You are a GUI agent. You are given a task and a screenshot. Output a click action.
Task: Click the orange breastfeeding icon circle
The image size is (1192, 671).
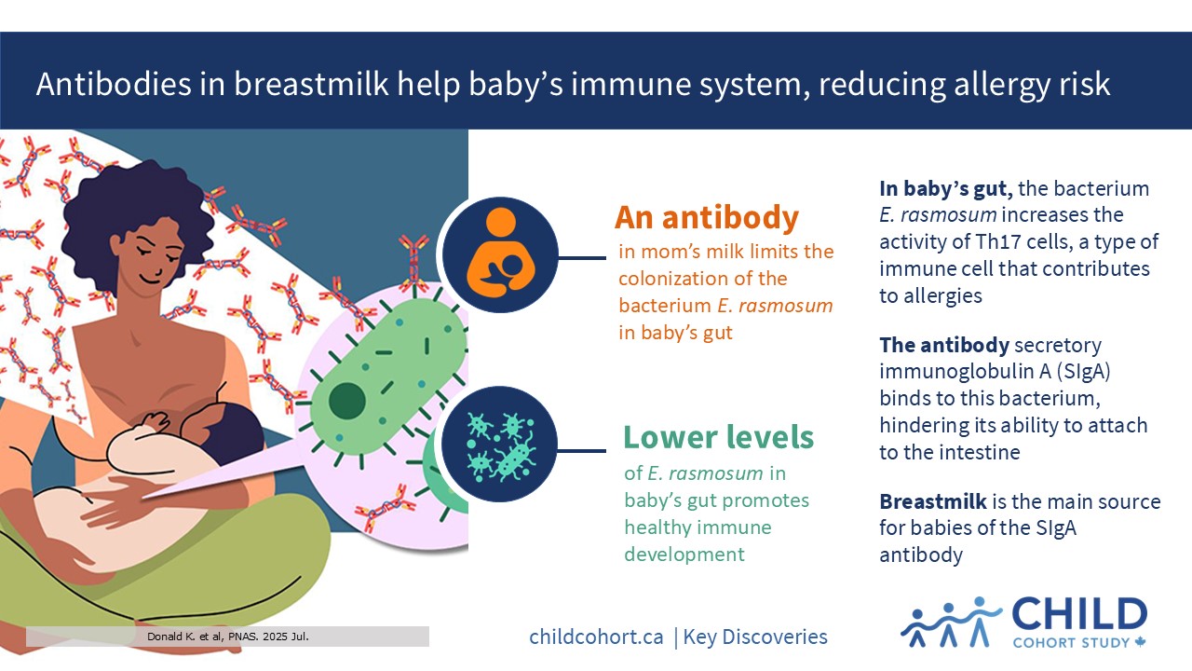click(x=500, y=254)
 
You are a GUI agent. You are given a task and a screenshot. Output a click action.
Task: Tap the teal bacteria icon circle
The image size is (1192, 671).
click(x=500, y=444)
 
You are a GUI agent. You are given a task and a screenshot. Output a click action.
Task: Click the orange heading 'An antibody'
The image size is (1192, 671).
click(x=707, y=217)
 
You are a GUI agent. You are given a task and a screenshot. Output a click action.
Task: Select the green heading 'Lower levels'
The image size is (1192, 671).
click(x=718, y=437)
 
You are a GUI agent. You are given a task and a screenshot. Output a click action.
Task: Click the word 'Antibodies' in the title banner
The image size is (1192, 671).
click(x=114, y=84)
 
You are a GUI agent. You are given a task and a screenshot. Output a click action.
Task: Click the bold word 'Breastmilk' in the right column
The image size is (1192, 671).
click(x=933, y=501)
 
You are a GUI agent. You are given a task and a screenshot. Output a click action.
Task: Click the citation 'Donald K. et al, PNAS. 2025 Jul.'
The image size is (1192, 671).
click(x=228, y=637)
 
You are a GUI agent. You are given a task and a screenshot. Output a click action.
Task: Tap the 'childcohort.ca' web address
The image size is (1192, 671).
click(x=596, y=637)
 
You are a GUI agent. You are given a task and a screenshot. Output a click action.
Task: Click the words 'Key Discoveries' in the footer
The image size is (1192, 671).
click(x=755, y=637)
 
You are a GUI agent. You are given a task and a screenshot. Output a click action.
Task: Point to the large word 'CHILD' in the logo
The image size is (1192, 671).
click(x=1079, y=614)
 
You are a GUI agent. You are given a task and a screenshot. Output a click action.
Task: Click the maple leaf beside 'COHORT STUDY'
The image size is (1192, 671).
click(x=1140, y=642)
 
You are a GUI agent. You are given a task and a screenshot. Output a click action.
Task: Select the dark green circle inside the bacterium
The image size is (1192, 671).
click(x=347, y=401)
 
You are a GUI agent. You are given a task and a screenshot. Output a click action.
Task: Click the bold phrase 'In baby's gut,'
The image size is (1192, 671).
click(x=945, y=189)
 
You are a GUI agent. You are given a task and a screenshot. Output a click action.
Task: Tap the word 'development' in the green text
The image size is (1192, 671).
click(x=684, y=555)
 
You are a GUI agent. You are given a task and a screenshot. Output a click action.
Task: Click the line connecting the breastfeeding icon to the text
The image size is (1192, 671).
click(x=582, y=258)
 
